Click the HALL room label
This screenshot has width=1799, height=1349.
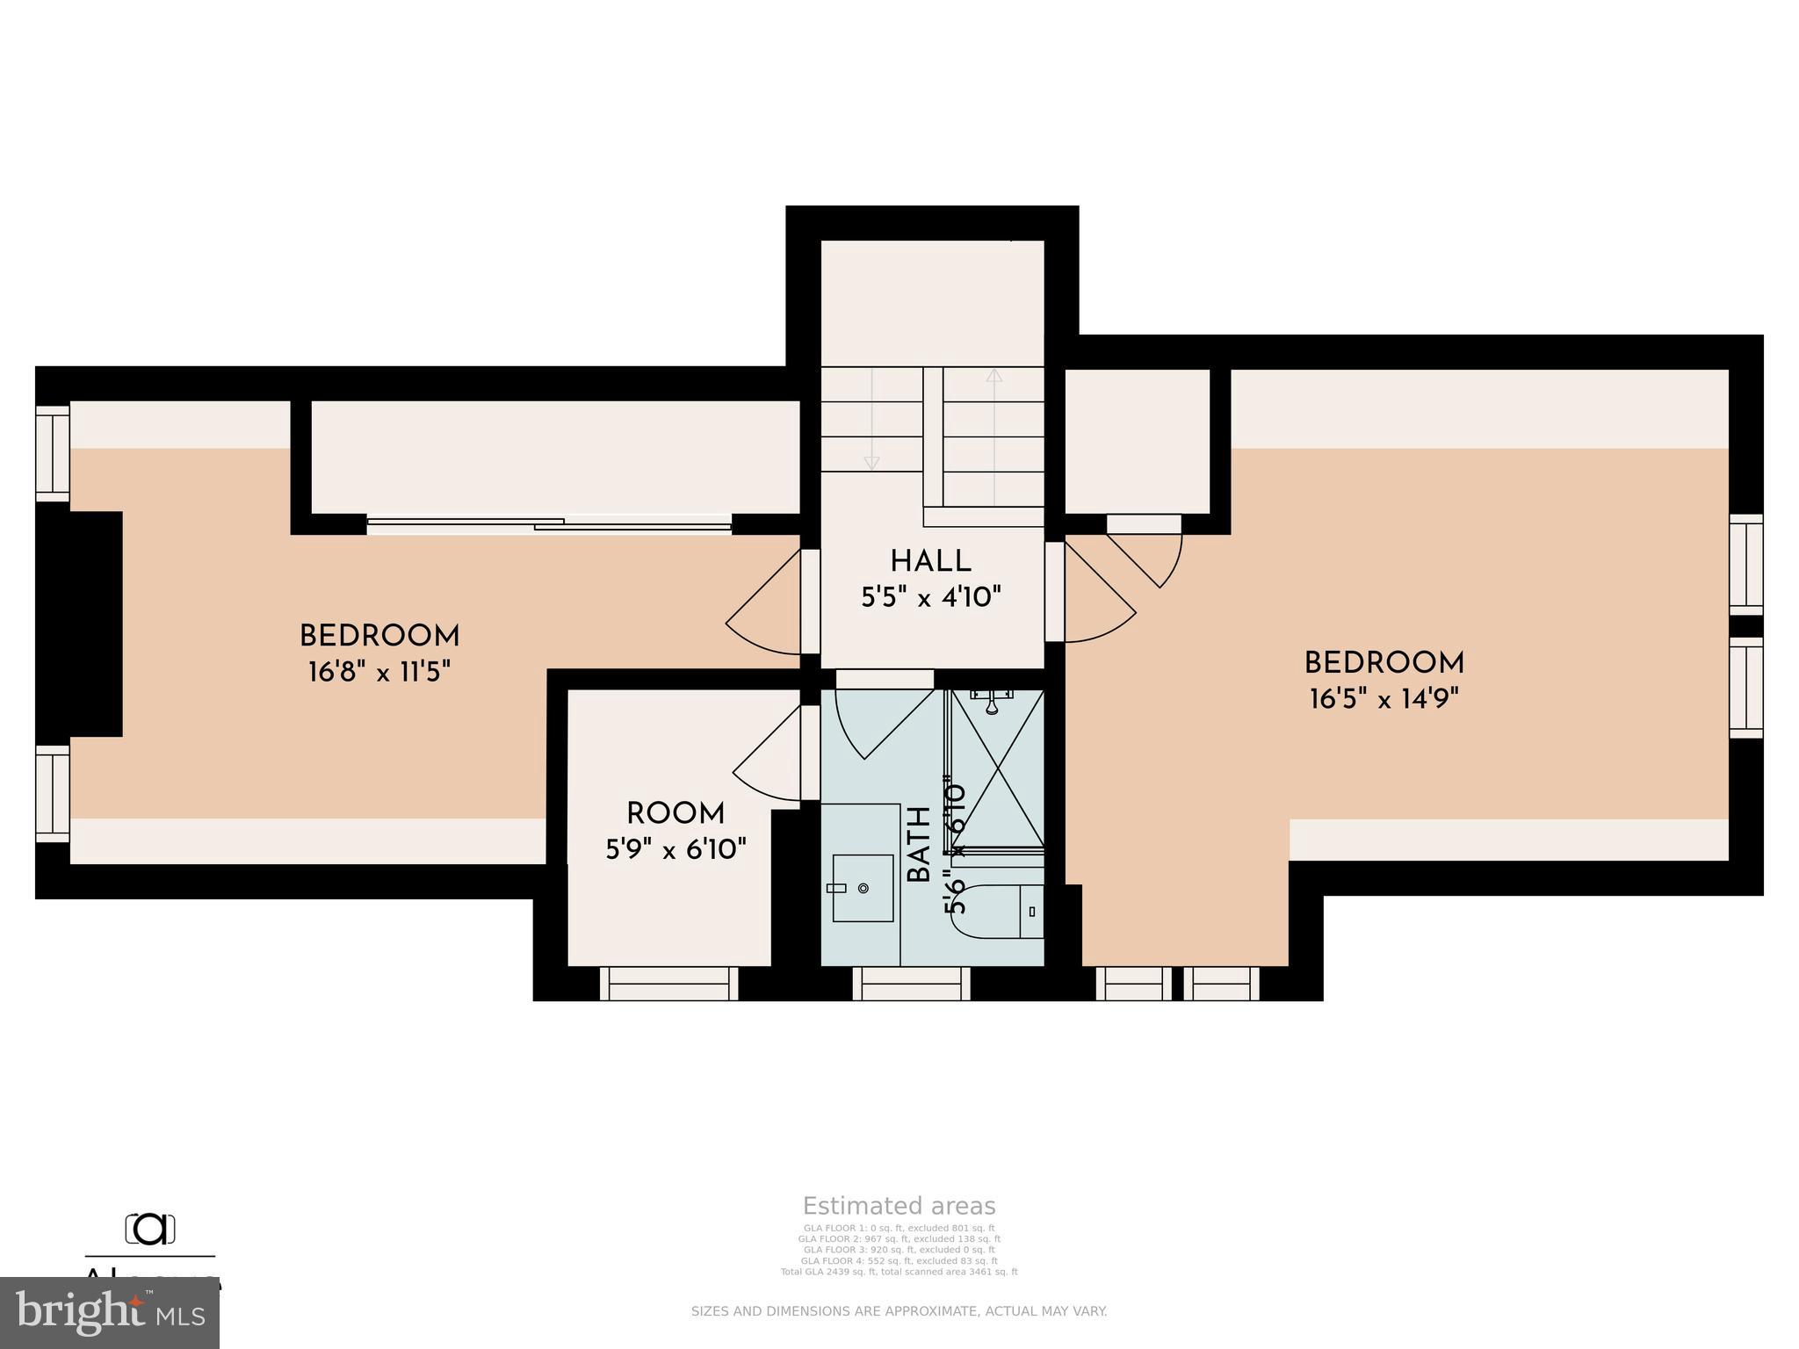pos(930,561)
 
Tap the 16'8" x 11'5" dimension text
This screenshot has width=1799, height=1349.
pos(379,673)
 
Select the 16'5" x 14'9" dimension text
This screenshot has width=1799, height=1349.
pos(1384,699)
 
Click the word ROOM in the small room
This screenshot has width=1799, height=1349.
pos(675,813)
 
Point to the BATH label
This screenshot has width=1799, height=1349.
pos(919,845)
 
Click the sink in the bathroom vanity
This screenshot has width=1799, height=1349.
pos(863,888)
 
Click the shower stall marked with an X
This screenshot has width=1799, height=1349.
pos(998,769)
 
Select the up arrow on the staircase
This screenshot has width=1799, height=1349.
pos(993,376)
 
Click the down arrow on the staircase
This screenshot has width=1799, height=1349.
pos(871,462)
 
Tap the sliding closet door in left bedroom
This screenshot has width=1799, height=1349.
pos(549,524)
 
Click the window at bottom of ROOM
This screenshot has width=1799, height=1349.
pos(669,983)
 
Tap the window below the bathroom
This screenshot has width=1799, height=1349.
pos(911,983)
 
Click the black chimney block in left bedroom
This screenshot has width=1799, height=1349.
pos(79,624)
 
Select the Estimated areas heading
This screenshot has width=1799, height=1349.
pos(899,1206)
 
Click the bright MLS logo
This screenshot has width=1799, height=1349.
pos(110,1312)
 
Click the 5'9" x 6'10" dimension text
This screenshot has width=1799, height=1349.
pos(676,849)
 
